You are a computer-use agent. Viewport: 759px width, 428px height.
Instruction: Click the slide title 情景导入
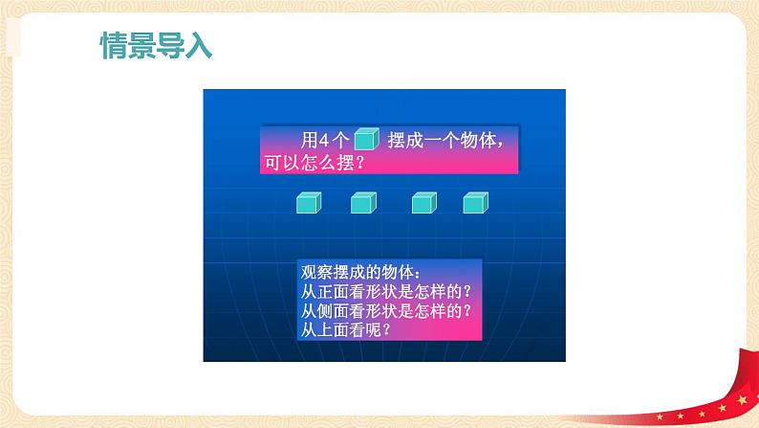(x=157, y=46)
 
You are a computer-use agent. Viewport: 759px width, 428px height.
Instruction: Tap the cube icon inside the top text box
(x=366, y=140)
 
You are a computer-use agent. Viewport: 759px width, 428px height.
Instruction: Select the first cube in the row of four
(x=307, y=203)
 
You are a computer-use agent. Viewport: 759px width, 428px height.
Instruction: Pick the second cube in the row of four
(x=362, y=203)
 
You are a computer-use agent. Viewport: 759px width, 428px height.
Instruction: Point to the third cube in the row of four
(x=423, y=203)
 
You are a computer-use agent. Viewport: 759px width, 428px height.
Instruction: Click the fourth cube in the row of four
(x=475, y=203)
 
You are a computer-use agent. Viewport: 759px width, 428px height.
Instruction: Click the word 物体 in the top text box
(x=485, y=140)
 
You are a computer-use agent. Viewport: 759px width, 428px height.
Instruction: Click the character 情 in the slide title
(x=115, y=46)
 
